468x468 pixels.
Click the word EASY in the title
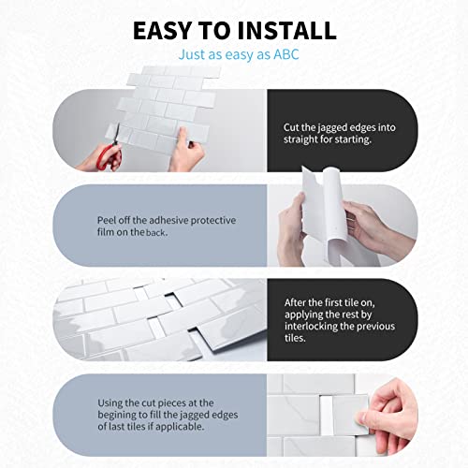point(162,31)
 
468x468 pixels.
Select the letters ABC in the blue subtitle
point(286,54)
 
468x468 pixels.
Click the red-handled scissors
point(110,149)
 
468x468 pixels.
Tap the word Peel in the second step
point(105,220)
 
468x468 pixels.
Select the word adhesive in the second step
point(168,220)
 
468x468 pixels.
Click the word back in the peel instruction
point(156,232)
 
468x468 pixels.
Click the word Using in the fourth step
point(110,403)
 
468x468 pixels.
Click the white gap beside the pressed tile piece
point(327,415)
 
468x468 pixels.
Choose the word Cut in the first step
point(291,127)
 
